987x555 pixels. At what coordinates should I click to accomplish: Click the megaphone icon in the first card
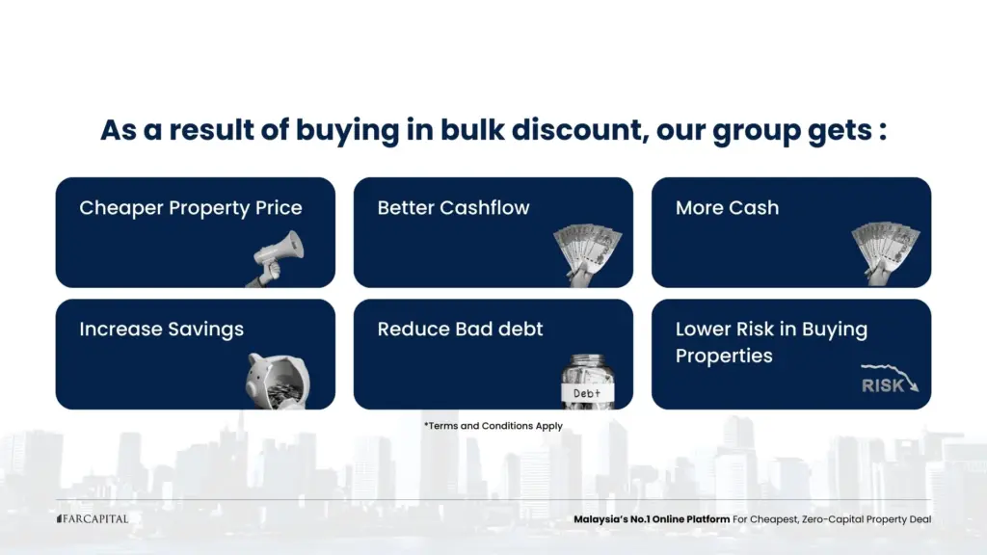[x=279, y=256]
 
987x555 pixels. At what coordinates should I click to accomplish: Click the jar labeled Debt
[x=587, y=382]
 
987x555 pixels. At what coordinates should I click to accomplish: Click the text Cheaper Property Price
[x=190, y=208]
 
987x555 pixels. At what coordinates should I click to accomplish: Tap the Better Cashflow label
[x=453, y=208]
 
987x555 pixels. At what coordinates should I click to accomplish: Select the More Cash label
[x=727, y=208]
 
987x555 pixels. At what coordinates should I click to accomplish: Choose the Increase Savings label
[x=161, y=330]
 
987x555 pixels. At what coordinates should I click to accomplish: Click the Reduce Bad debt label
[x=460, y=330]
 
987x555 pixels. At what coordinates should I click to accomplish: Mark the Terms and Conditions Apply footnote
[x=493, y=426]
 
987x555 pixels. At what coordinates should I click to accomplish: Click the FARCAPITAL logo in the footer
[x=92, y=519]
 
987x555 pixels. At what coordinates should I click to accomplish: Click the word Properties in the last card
[x=724, y=356]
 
